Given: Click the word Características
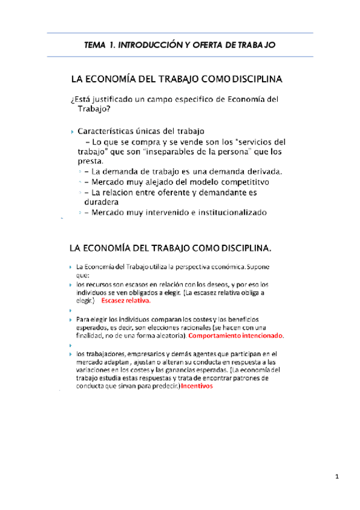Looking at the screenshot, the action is (106, 131).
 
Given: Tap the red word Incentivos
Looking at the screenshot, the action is (197, 387).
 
